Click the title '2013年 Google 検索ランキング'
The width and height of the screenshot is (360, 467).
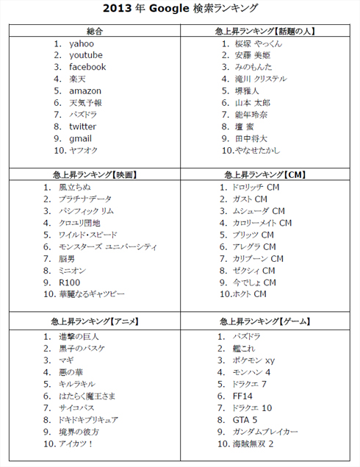pyautogui.click(x=180, y=8)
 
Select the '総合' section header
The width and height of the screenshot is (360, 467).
pyautogui.click(x=95, y=30)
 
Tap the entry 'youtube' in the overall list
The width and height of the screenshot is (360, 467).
pyautogui.click(x=86, y=55)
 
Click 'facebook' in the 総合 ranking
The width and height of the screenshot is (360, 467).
pyautogui.click(x=87, y=67)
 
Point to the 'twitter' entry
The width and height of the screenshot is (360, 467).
pyautogui.click(x=82, y=126)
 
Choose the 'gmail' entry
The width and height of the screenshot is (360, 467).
pyautogui.click(x=80, y=138)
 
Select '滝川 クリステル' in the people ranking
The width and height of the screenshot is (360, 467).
pyautogui.click(x=261, y=79)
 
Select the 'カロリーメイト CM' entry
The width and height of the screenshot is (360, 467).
pyautogui.click(x=262, y=222)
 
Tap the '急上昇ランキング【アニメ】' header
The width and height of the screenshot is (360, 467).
pyautogui.click(x=95, y=322)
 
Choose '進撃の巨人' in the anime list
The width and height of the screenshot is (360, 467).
pyautogui.click(x=79, y=336)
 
